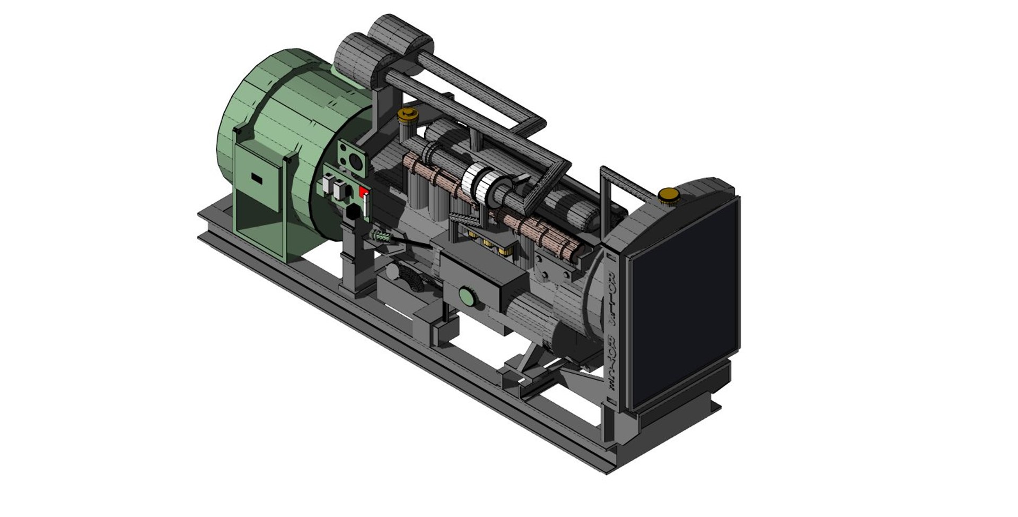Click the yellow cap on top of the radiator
669,195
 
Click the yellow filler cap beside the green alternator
407,114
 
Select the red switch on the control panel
364,192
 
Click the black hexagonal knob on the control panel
352,213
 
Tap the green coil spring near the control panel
381,236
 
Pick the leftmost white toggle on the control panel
326,185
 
